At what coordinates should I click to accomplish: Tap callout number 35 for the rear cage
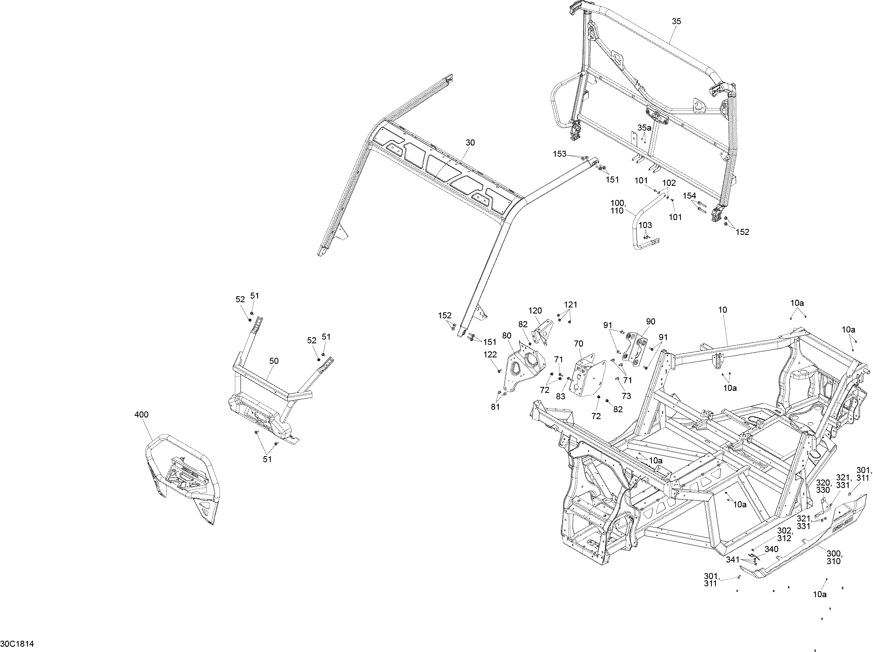click(676, 21)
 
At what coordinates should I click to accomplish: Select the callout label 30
click(470, 143)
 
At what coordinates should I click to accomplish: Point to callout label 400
click(141, 415)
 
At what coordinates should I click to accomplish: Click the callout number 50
click(274, 361)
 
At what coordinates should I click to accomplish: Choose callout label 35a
click(644, 128)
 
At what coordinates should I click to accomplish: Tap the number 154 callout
click(689, 196)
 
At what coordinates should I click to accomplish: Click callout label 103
click(645, 225)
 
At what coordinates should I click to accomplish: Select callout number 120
click(535, 311)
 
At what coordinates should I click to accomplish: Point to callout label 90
click(651, 322)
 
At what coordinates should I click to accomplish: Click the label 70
click(579, 344)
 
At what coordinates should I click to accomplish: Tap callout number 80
click(507, 335)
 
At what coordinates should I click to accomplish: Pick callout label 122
click(490, 355)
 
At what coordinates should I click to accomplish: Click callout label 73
click(626, 396)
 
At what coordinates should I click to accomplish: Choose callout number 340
click(771, 549)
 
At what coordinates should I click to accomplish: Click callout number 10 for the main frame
click(723, 310)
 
